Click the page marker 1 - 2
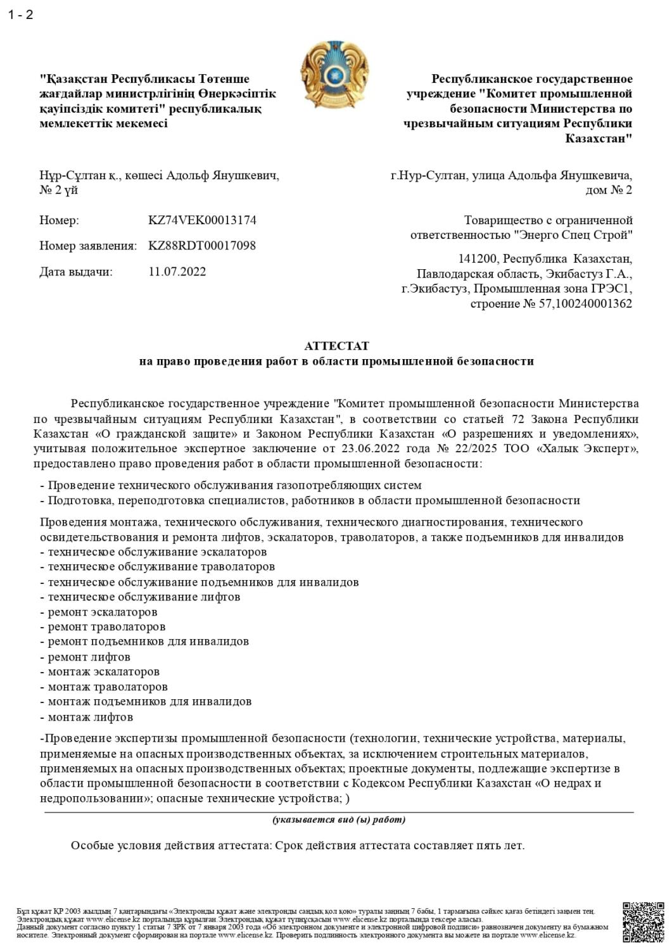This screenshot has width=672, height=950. [20, 15]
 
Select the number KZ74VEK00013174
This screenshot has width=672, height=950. [202, 220]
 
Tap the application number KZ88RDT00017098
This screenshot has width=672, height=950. [202, 246]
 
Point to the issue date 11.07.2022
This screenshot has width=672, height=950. [177, 272]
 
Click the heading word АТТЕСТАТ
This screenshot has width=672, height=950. [336, 346]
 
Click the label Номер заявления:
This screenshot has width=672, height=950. [88, 246]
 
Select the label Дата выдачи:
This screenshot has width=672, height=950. [75, 272]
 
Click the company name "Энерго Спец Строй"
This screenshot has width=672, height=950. [573, 236]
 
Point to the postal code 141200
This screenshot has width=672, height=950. [476, 258]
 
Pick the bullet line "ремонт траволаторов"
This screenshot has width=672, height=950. [106, 626]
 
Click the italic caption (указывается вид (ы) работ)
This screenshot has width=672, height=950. [339, 820]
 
